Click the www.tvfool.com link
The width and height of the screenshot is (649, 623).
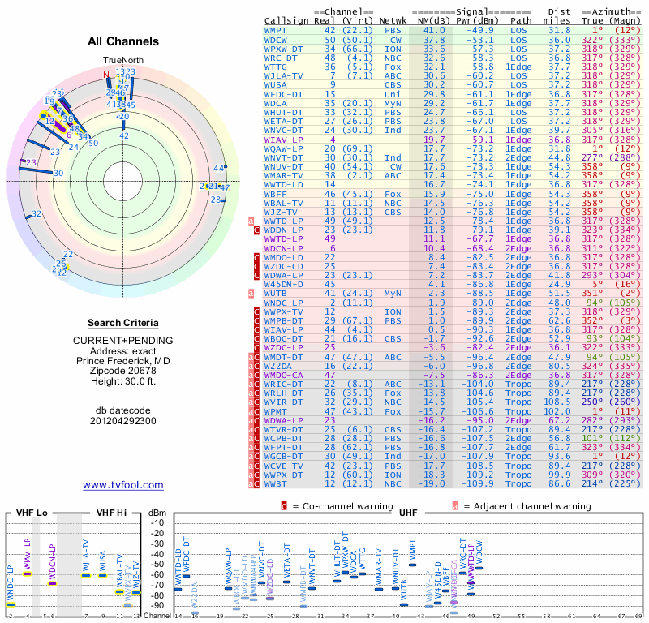[x=122, y=485]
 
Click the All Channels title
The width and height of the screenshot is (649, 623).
[x=122, y=41]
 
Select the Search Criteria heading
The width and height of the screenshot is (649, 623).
[x=122, y=322]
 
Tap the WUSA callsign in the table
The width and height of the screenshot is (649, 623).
[x=275, y=84]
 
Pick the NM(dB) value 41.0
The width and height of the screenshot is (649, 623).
[x=434, y=29]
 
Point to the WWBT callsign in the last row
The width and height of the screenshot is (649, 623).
[x=275, y=483]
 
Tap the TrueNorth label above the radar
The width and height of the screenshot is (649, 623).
[x=122, y=61]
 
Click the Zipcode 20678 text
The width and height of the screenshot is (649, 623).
[x=122, y=370]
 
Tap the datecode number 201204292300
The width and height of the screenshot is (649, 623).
[x=122, y=421]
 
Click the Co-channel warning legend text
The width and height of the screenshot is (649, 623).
[x=336, y=506]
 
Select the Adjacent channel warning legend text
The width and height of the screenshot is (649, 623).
[x=527, y=506]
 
